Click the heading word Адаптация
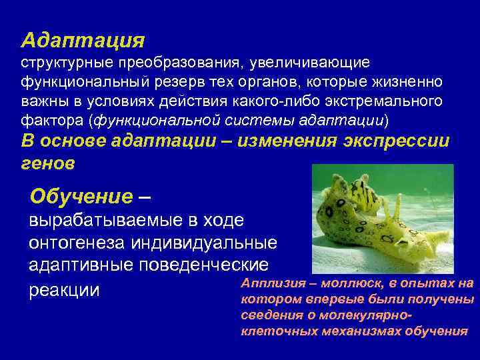click(x=82, y=40)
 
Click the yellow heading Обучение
click(x=81, y=197)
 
